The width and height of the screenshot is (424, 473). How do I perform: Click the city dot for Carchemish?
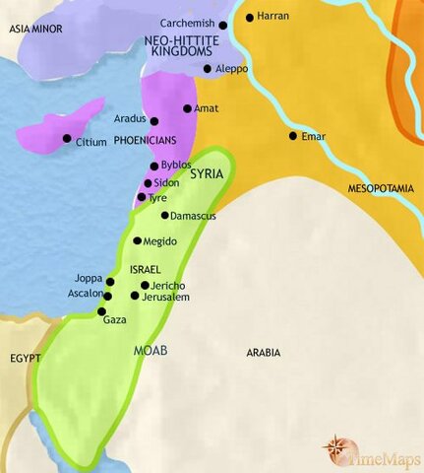coord(223,25)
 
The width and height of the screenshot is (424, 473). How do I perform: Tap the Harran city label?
coord(269,18)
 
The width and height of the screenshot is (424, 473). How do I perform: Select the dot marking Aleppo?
coord(207,69)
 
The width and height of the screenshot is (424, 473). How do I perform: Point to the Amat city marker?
coord(187,108)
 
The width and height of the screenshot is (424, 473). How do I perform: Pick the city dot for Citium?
coord(67,138)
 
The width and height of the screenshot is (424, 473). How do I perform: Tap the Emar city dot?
coord(292,136)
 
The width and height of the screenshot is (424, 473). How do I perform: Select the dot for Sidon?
coord(148,183)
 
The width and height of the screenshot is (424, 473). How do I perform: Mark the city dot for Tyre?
coord(141,197)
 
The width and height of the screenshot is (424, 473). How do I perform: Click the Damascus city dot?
coord(164,215)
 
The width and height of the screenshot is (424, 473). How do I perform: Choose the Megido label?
coord(160,241)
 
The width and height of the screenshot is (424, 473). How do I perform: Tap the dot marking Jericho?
coord(145,285)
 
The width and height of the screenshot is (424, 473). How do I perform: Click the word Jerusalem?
coord(164,297)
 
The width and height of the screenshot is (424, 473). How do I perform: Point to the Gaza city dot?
coord(102,310)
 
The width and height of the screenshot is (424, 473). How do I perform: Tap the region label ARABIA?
coord(264,352)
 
